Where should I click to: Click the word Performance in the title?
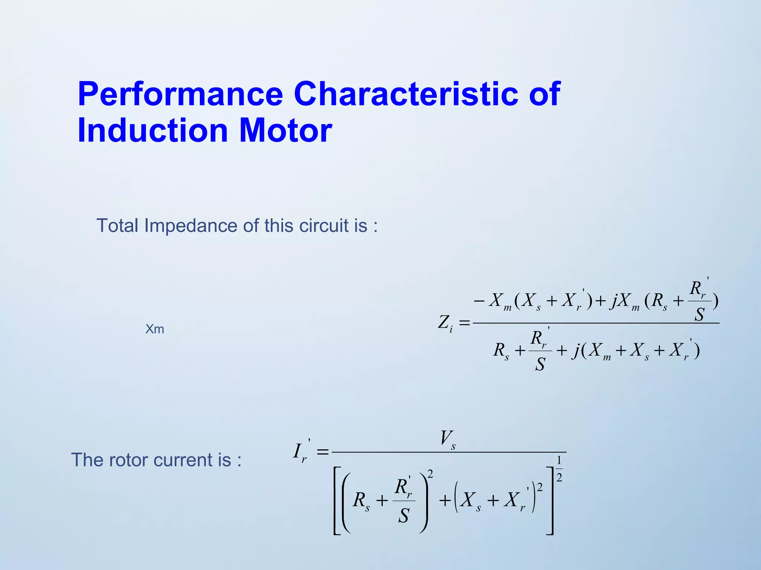pyautogui.click(x=180, y=94)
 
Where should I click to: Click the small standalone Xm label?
pyautogui.click(x=155, y=329)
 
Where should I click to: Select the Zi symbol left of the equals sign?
pyautogui.click(x=446, y=323)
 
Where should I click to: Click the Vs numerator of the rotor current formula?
pyautogui.click(x=448, y=439)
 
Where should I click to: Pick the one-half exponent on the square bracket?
pyautogui.click(x=559, y=469)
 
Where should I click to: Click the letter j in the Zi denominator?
pyautogui.click(x=576, y=351)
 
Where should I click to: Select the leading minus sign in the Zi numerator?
pyautogui.click(x=479, y=300)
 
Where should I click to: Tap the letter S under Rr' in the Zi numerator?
pyautogui.click(x=699, y=315)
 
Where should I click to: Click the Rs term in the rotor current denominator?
pyautogui.click(x=361, y=501)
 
